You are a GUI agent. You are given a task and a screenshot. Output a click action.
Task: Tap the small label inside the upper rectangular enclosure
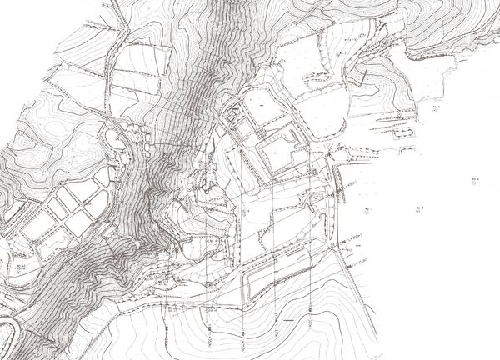259,108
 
